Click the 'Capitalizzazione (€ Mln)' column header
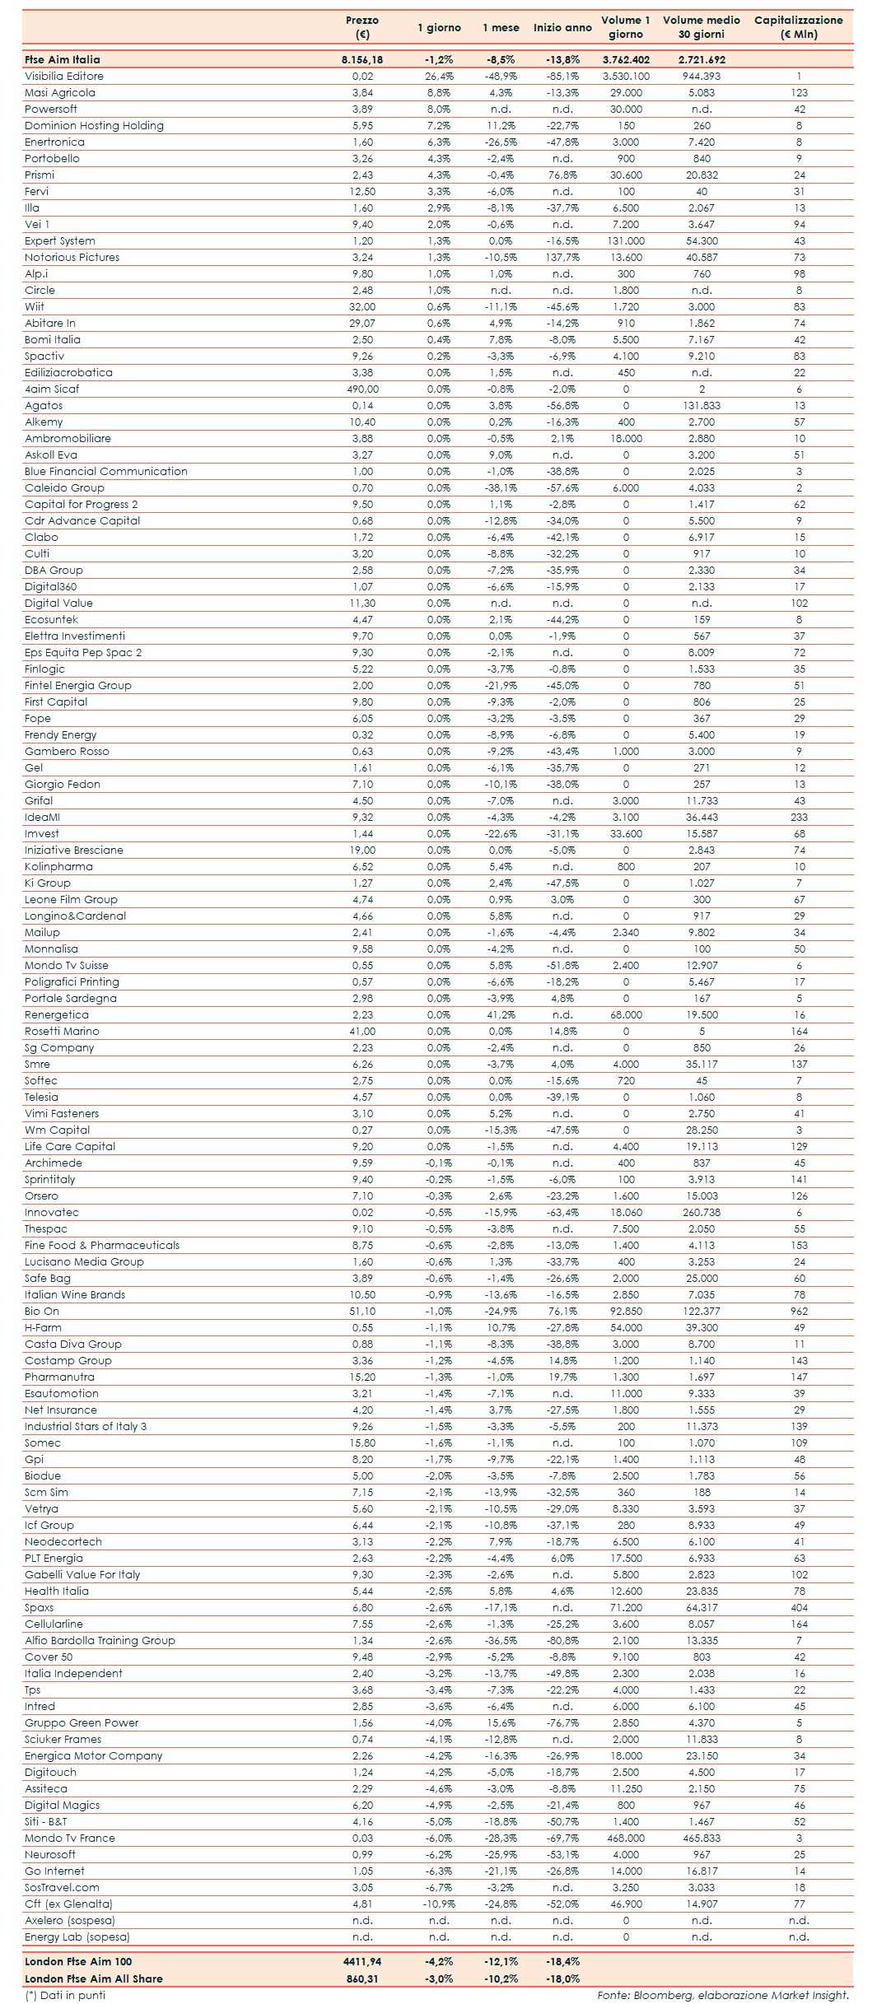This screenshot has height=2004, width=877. [798, 27]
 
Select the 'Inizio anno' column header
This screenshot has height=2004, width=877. [562, 27]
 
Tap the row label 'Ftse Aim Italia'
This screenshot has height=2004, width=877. [63, 59]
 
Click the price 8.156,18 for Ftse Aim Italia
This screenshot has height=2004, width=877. [362, 59]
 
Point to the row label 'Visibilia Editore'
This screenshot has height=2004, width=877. [64, 76]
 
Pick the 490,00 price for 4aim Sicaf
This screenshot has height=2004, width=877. [362, 389]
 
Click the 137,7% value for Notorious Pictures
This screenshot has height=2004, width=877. [562, 257]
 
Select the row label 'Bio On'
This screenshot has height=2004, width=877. [42, 1311]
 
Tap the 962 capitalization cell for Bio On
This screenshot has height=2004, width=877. [799, 1311]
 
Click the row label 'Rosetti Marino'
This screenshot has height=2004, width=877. [62, 1031]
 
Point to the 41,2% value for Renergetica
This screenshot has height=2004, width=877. [501, 1014]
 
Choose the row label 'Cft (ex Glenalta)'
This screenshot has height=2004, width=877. [68, 1904]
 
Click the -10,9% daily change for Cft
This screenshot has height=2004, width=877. [439, 1904]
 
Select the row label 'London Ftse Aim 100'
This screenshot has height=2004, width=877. [78, 1961]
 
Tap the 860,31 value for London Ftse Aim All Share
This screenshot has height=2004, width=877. [362, 1978]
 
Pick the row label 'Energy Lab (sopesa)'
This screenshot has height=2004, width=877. [77, 1936]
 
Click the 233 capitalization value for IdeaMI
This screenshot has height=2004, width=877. [799, 817]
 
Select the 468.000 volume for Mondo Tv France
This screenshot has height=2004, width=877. [626, 1838]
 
